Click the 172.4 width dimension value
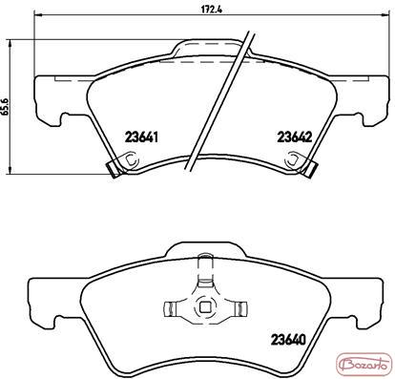(211, 10)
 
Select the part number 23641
(141, 137)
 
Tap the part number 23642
(296, 137)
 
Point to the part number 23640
(289, 340)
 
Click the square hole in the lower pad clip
(204, 306)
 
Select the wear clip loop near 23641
(132, 158)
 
